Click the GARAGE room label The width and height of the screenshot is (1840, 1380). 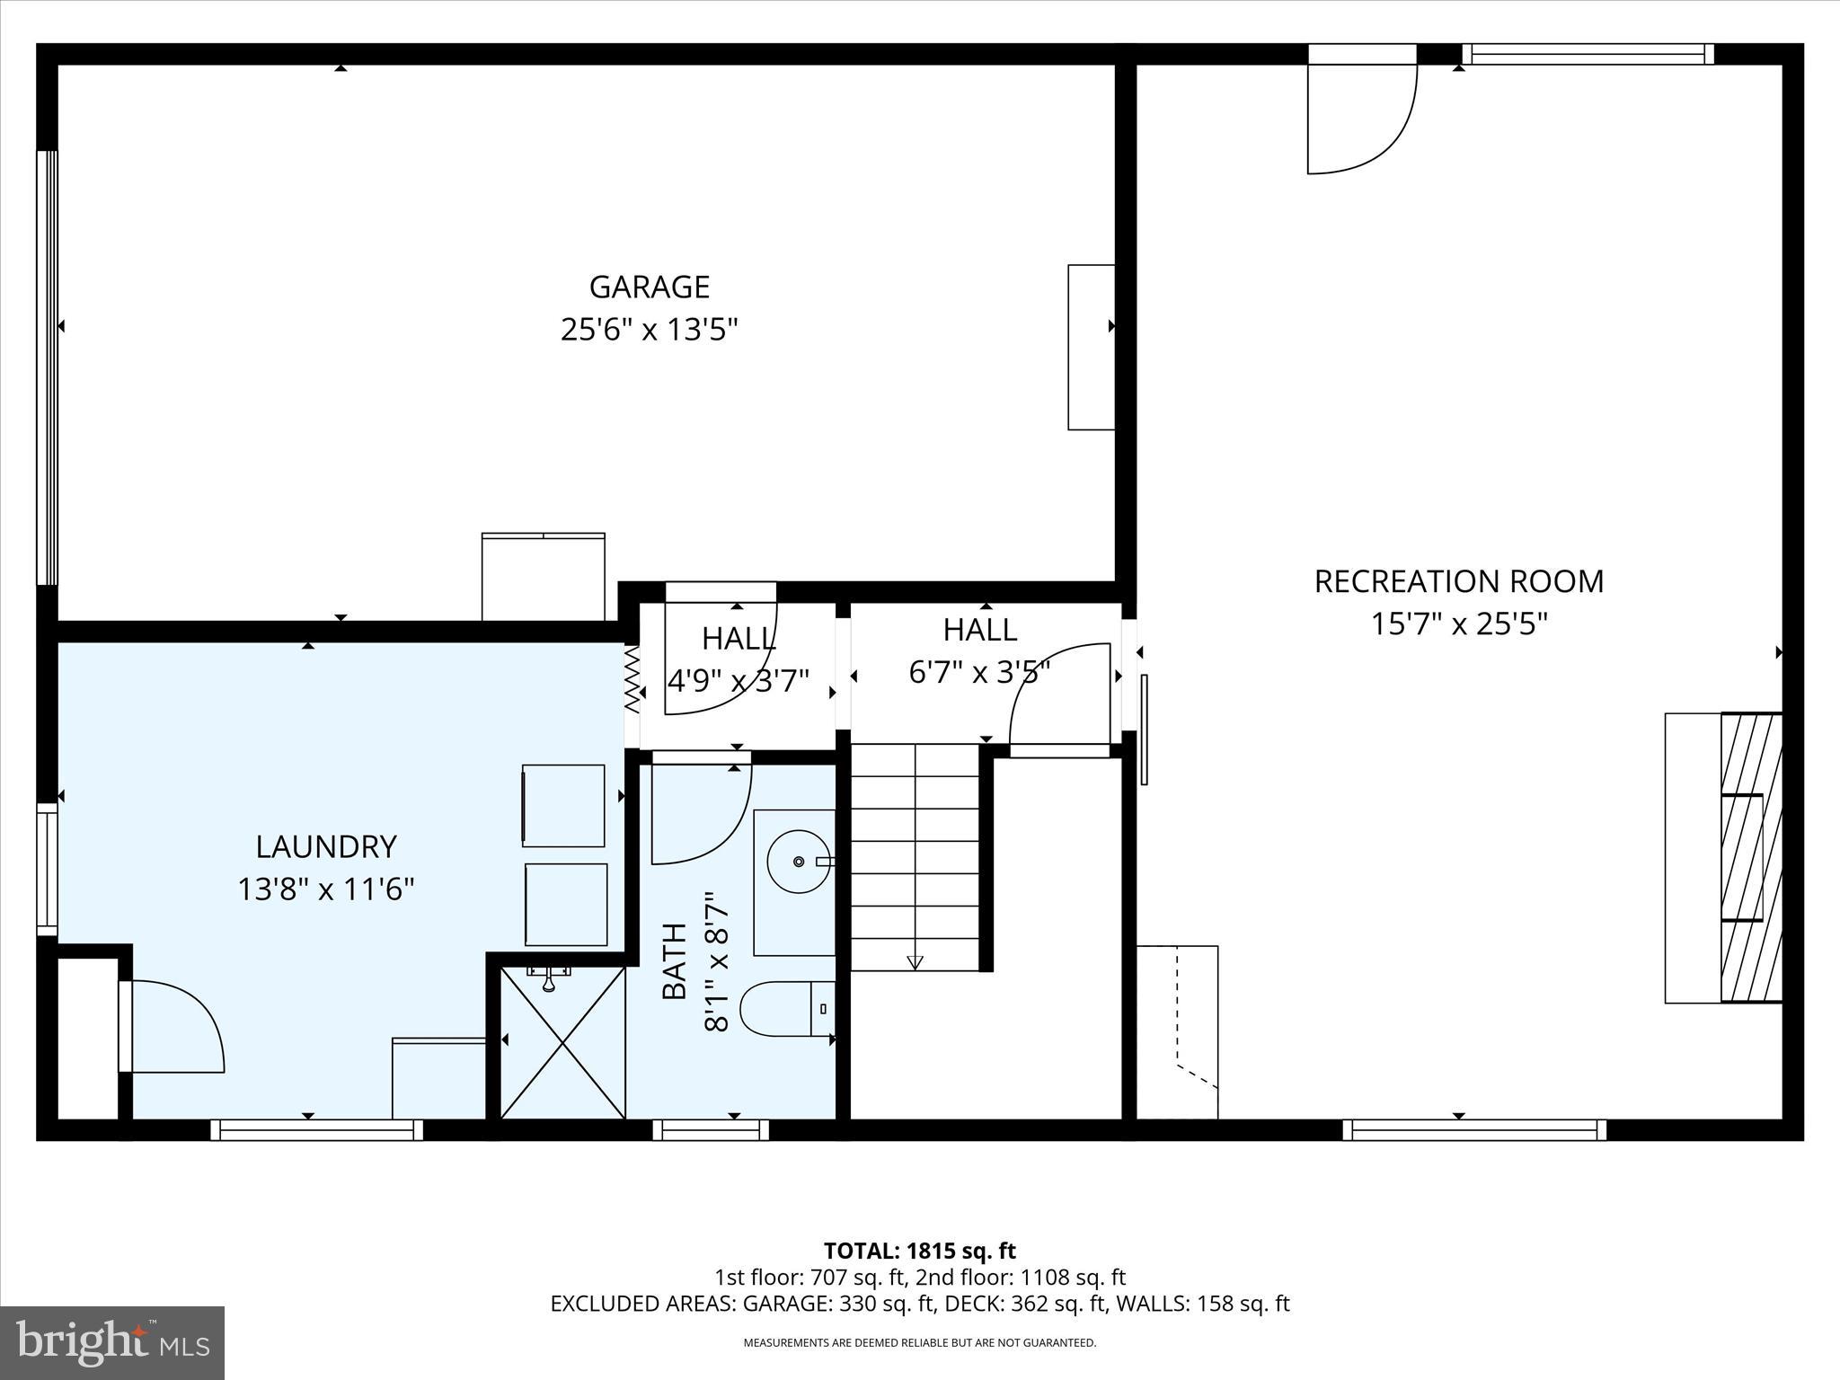(650, 287)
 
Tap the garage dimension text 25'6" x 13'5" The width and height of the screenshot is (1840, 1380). (650, 330)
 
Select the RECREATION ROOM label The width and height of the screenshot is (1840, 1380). (1458, 581)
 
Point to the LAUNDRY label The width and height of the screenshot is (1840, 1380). (326, 846)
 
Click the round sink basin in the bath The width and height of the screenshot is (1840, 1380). (798, 862)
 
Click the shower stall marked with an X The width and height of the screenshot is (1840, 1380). (562, 1042)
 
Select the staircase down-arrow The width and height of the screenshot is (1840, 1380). (915, 961)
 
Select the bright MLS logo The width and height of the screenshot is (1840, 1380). (113, 1342)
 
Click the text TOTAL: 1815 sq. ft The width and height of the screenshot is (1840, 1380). (919, 1251)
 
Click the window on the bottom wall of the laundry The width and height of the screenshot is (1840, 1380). (316, 1129)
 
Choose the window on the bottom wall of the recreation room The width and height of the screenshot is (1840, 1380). (1474, 1129)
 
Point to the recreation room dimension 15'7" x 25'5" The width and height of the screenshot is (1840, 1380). (1458, 624)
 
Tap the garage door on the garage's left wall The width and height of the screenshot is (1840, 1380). (47, 367)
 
